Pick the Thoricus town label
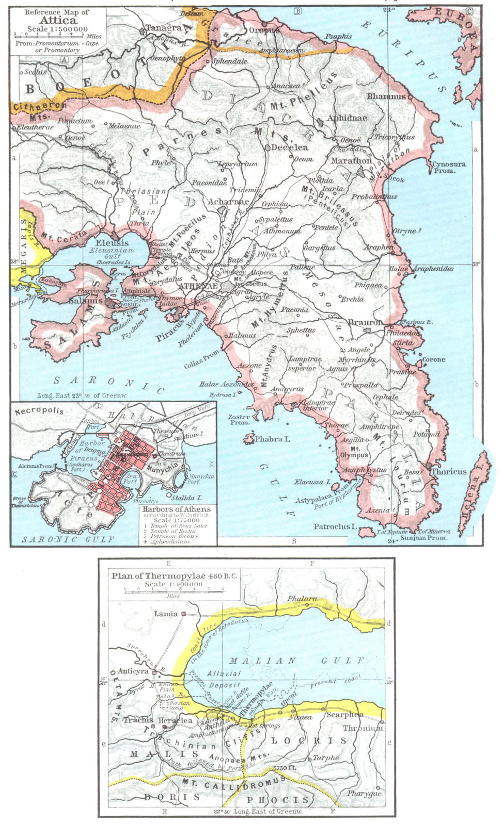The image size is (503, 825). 448,471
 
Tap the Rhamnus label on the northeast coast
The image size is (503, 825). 386,96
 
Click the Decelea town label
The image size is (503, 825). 289,147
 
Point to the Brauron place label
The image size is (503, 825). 365,323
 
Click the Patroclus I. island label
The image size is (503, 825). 335,526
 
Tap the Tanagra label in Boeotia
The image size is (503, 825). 163,28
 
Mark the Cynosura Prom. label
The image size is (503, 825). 449,167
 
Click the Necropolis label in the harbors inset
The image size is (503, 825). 39,411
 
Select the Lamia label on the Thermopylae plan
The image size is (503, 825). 165,614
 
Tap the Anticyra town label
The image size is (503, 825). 133,671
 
